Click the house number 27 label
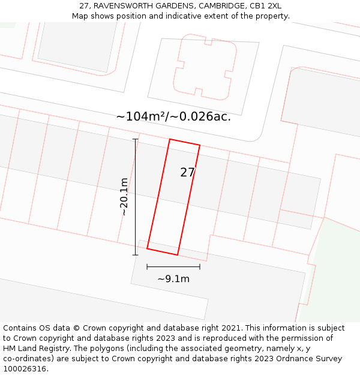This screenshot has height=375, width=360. click(x=187, y=172)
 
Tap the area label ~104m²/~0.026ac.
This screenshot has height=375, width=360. click(x=173, y=116)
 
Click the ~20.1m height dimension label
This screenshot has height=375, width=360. click(x=124, y=196)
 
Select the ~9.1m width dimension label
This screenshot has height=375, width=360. click(x=173, y=278)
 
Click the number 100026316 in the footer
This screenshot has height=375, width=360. click(x=25, y=369)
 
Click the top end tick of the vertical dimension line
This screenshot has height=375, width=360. click(x=135, y=139)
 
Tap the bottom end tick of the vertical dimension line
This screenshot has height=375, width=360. click(x=135, y=255)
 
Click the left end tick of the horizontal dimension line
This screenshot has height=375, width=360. click(x=147, y=267)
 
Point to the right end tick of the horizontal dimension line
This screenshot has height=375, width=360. click(x=200, y=267)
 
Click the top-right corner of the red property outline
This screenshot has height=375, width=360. click(x=200, y=145)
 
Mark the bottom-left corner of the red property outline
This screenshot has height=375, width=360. click(x=147, y=248)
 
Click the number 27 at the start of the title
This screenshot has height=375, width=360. click(x=84, y=6)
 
